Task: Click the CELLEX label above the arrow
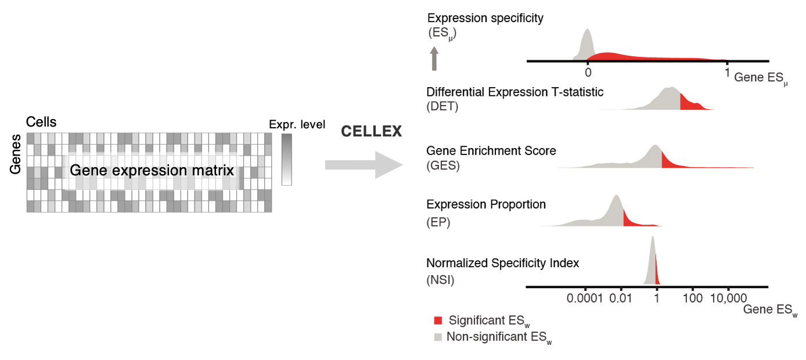click(x=372, y=132)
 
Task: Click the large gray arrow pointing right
click(x=364, y=165)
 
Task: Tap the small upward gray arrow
click(x=434, y=59)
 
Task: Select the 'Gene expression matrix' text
click(x=152, y=171)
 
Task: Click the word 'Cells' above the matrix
click(x=41, y=122)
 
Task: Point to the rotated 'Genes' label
click(x=16, y=153)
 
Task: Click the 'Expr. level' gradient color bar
click(x=286, y=160)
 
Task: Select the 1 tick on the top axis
click(x=726, y=72)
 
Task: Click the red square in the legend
click(x=438, y=320)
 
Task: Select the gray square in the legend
click(x=438, y=336)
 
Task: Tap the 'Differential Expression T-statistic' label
click(x=515, y=92)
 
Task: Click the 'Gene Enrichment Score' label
click(x=491, y=151)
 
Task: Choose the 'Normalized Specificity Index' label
click(x=503, y=263)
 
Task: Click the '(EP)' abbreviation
click(x=439, y=221)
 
